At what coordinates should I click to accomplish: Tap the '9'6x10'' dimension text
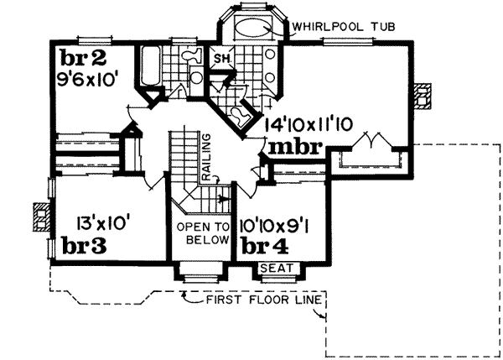(91, 82)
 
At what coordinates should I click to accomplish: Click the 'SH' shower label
(222, 58)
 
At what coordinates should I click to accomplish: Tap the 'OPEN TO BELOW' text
(205, 232)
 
